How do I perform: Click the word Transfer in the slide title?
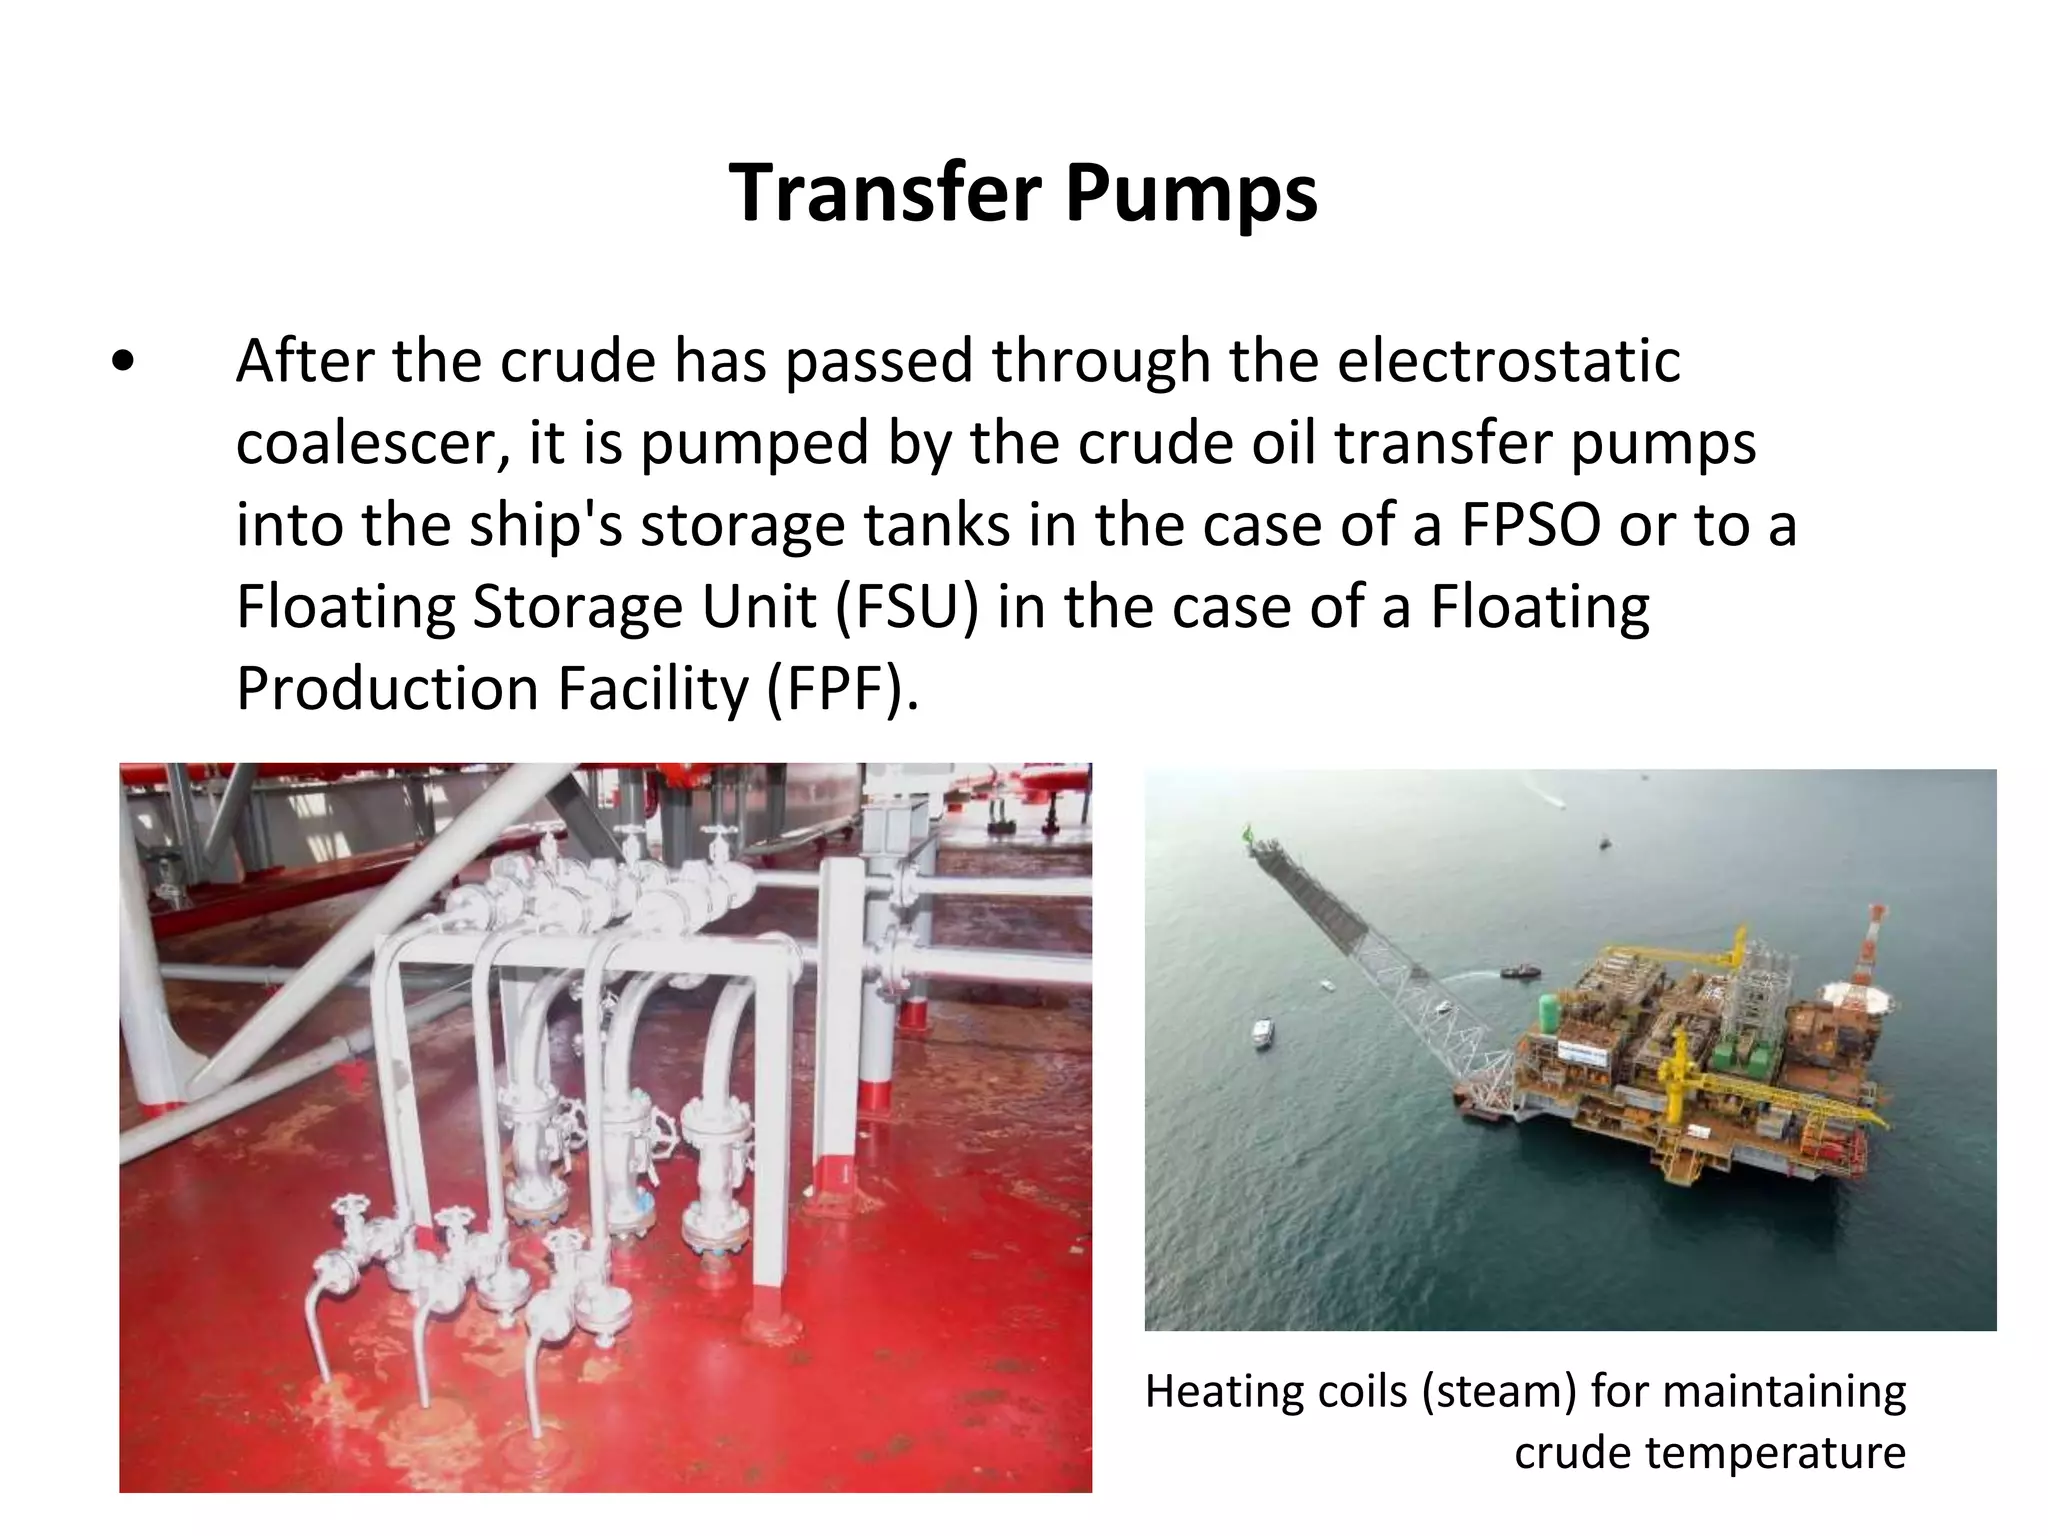coord(886,192)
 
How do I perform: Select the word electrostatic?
coord(1508,360)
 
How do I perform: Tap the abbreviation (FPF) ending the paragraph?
coord(842,689)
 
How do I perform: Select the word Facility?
coord(652,689)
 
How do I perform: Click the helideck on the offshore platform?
coord(1857,995)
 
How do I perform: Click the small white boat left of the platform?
coord(1263,1032)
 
